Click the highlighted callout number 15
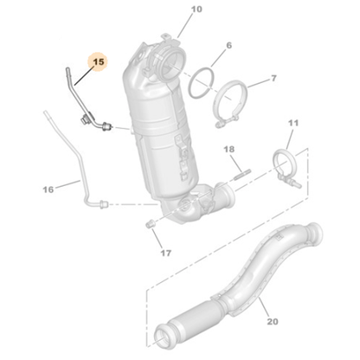pyautogui.click(x=99, y=62)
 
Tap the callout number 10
pyautogui.click(x=196, y=10)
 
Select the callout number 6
pyautogui.click(x=228, y=45)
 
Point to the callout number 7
pyautogui.click(x=273, y=78)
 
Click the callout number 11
pyautogui.click(x=293, y=123)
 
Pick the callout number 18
pyautogui.click(x=229, y=150)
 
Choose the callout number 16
pyautogui.click(x=48, y=190)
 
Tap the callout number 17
pyautogui.click(x=165, y=254)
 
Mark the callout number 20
pyautogui.click(x=273, y=321)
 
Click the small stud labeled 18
pyautogui.click(x=242, y=175)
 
